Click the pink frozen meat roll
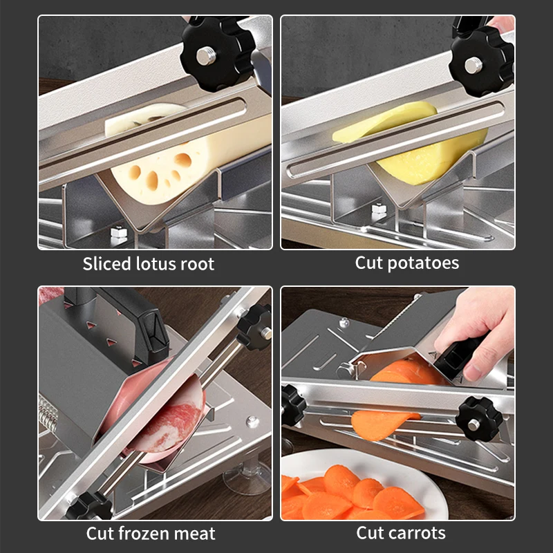(162, 411)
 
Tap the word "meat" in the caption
(196, 534)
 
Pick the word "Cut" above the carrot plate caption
(371, 533)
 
